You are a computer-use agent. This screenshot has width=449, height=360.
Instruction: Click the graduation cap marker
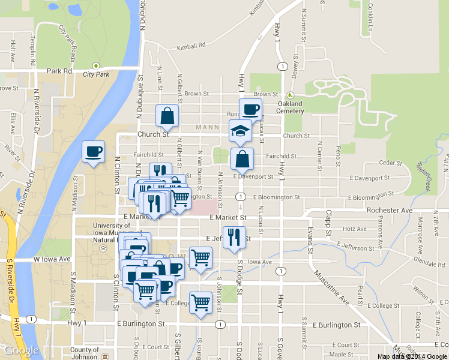[241, 131]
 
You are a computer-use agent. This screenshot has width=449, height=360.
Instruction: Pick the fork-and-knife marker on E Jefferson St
[234, 237]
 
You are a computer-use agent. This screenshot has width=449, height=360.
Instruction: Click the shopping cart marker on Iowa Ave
[200, 258]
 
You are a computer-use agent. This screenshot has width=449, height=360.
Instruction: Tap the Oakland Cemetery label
[291, 107]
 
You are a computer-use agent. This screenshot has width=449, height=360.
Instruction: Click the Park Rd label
[59, 71]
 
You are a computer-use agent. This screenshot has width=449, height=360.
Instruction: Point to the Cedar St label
[390, 163]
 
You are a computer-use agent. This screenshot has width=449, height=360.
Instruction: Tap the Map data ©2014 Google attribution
[412, 356]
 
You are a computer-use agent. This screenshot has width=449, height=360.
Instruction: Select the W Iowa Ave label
[52, 259]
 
